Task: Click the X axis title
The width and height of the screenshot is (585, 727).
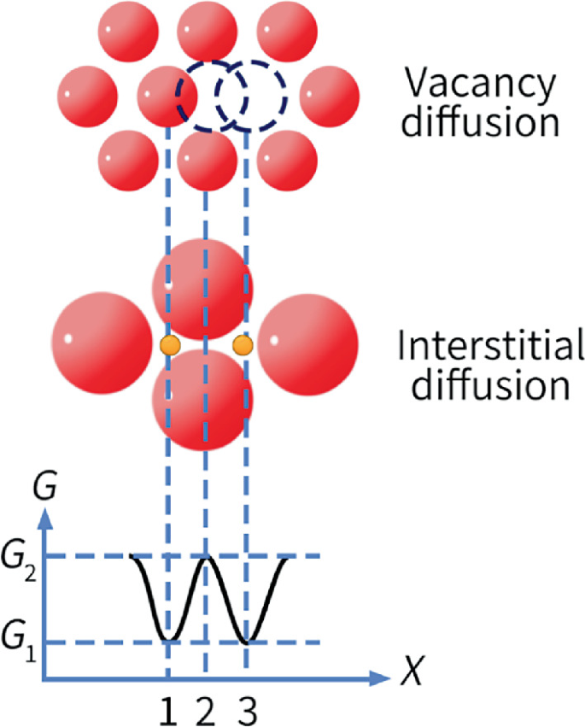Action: tap(412, 677)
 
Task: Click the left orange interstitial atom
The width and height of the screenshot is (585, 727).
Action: tap(169, 345)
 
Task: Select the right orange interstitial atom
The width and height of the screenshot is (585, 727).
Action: tap(243, 345)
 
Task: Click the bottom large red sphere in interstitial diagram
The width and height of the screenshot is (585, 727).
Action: tap(202, 397)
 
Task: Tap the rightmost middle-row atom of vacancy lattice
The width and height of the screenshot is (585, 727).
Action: tap(329, 92)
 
